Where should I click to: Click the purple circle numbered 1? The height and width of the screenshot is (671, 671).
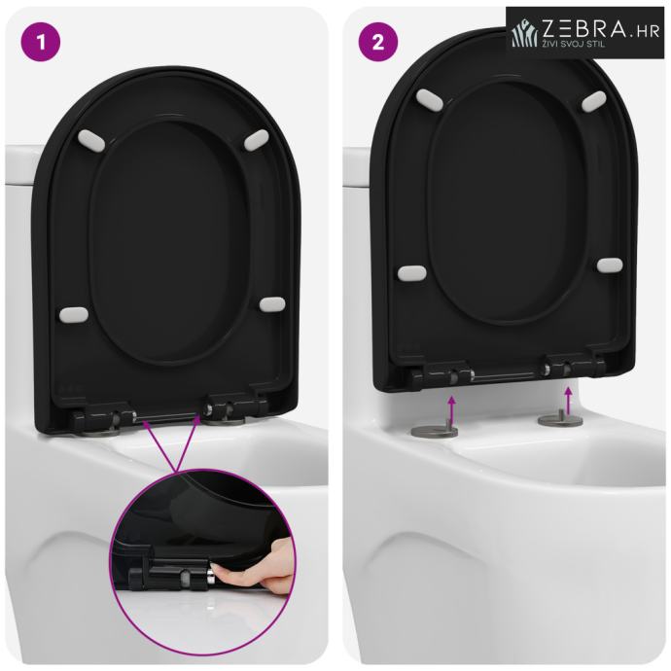click(41, 43)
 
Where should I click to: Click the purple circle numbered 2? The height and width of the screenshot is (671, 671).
click(378, 43)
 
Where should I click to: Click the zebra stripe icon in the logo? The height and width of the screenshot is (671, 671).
click(525, 33)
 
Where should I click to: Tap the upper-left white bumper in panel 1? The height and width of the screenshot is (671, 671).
click(90, 141)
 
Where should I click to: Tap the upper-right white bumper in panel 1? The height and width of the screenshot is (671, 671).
click(257, 139)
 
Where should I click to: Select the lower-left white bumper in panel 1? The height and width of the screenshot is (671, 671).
click(74, 315)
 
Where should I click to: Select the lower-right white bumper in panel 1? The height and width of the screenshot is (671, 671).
click(272, 304)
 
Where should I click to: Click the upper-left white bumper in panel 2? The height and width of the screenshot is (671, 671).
click(430, 100)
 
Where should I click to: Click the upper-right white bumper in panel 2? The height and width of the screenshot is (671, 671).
click(594, 101)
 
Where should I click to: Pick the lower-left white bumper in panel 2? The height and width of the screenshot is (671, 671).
click(411, 273)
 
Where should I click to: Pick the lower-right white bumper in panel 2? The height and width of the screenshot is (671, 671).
click(610, 265)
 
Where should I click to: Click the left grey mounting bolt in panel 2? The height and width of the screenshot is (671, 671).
click(434, 430)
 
